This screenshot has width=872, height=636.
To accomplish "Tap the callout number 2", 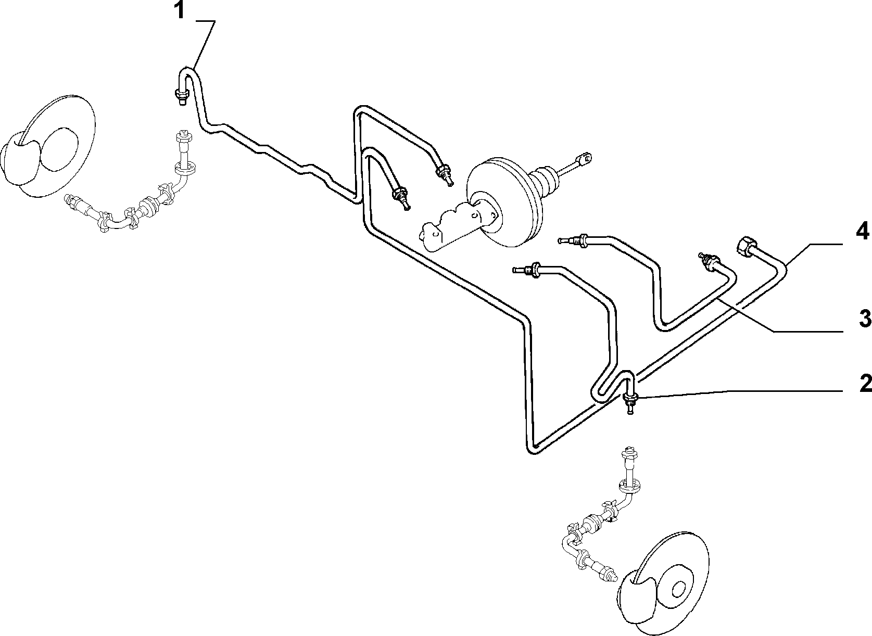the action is point(865,383).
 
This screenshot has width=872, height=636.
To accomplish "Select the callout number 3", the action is point(865,319).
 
